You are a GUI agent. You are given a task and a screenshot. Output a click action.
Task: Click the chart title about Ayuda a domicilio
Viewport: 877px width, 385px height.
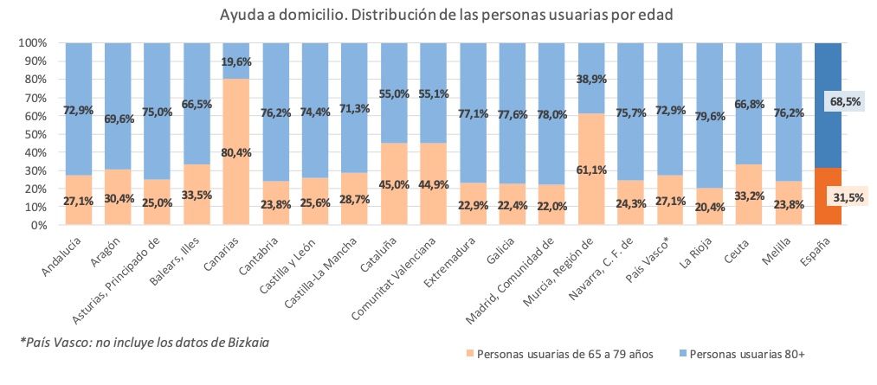click(x=437, y=16)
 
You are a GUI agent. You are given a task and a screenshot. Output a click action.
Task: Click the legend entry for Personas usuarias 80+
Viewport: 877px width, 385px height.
click(x=745, y=354)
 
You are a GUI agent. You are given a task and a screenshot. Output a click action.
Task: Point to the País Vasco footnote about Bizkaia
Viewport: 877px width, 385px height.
click(x=145, y=343)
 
